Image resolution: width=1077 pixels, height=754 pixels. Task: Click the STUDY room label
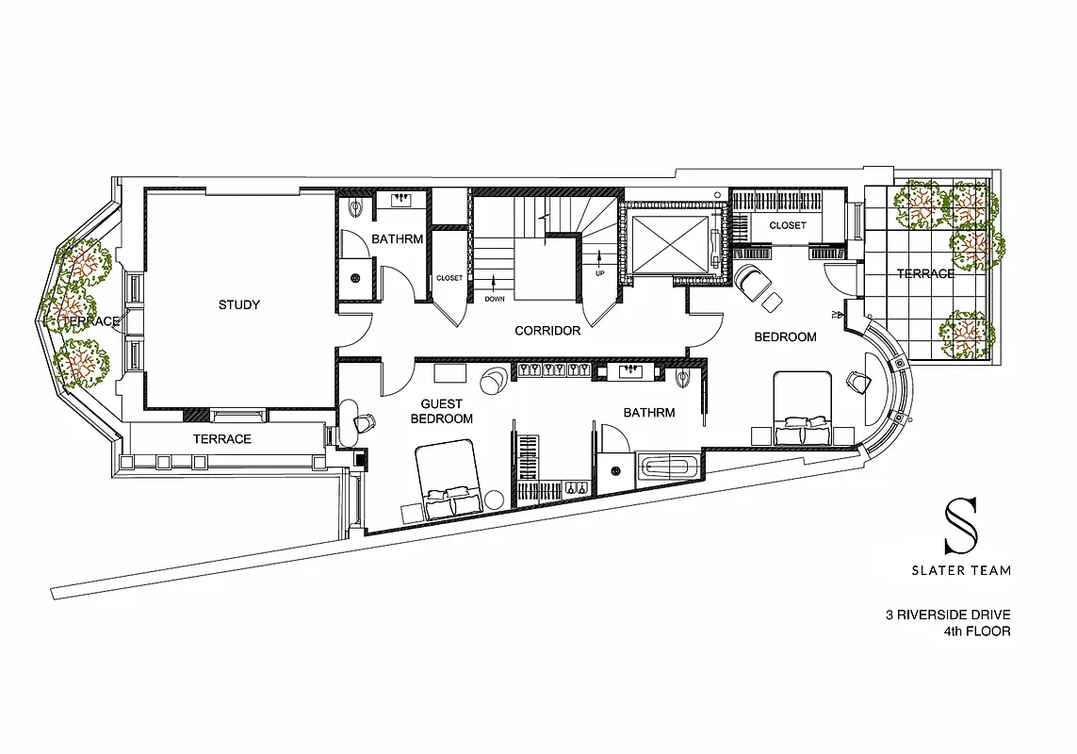click(238, 304)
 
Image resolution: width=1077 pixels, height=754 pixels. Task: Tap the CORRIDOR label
click(547, 331)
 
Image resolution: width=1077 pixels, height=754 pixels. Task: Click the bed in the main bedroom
click(803, 407)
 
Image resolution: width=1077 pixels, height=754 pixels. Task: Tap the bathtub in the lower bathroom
click(669, 466)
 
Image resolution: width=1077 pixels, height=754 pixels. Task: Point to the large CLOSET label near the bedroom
click(788, 226)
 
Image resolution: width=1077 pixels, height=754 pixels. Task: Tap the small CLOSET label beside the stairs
click(449, 278)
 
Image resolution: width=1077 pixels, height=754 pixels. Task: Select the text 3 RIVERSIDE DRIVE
click(947, 615)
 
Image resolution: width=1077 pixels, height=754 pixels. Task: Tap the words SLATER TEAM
click(960, 570)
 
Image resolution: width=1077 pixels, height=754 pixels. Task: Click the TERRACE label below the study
click(221, 439)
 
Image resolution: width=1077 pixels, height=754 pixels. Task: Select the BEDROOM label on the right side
click(784, 336)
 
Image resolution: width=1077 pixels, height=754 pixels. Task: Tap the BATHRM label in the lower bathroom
click(648, 413)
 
